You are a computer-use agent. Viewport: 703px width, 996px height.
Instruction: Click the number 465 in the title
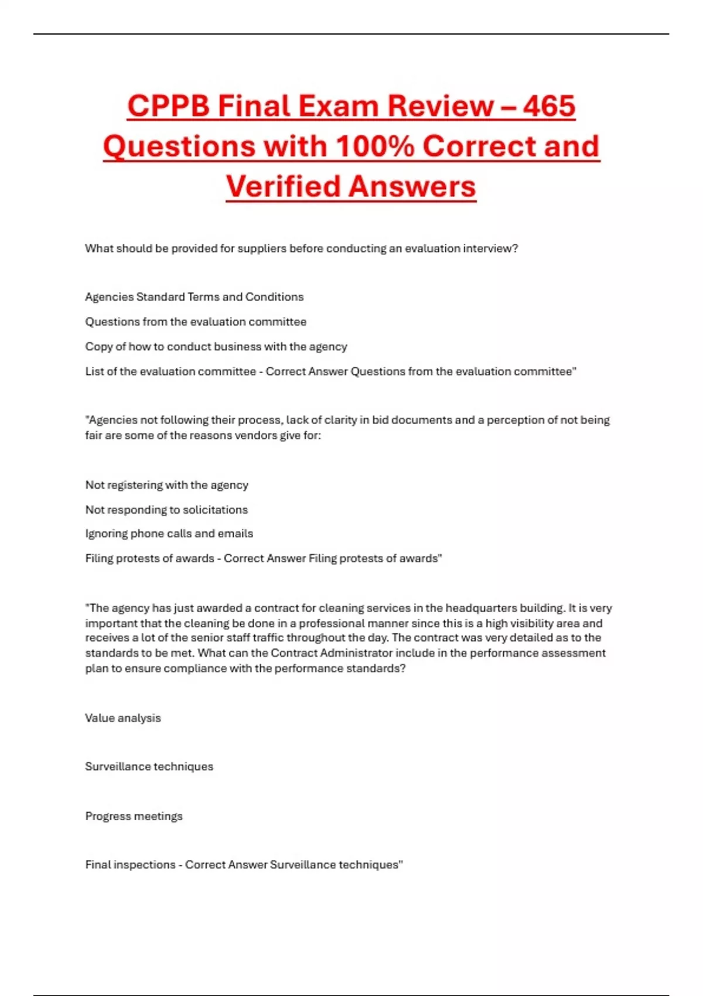[549, 106]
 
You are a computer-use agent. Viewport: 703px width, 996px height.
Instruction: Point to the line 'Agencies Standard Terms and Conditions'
[194, 297]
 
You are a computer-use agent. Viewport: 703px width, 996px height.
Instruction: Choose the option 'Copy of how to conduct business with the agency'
[216, 346]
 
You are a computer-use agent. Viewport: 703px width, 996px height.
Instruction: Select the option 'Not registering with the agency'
[167, 485]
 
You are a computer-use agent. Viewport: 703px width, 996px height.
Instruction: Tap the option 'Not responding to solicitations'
[166, 510]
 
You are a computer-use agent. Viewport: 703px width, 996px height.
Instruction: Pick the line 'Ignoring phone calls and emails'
[169, 534]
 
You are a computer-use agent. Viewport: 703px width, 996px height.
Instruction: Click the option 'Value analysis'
[123, 718]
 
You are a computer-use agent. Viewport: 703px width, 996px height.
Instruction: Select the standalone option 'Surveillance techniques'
[149, 766]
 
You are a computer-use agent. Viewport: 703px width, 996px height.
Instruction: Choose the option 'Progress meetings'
[134, 816]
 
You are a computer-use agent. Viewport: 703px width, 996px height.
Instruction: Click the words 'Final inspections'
[130, 865]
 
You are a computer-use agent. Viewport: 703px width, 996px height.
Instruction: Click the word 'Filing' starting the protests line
[99, 558]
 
